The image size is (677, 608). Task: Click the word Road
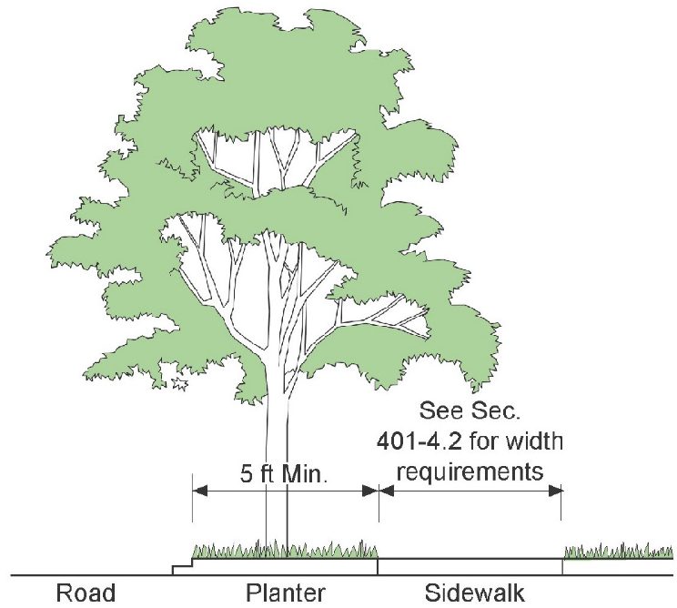(x=86, y=593)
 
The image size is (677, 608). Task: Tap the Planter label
(x=286, y=593)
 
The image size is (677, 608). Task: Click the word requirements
(x=470, y=472)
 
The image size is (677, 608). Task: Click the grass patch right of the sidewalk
(x=619, y=552)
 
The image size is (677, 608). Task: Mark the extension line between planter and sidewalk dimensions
(x=379, y=510)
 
